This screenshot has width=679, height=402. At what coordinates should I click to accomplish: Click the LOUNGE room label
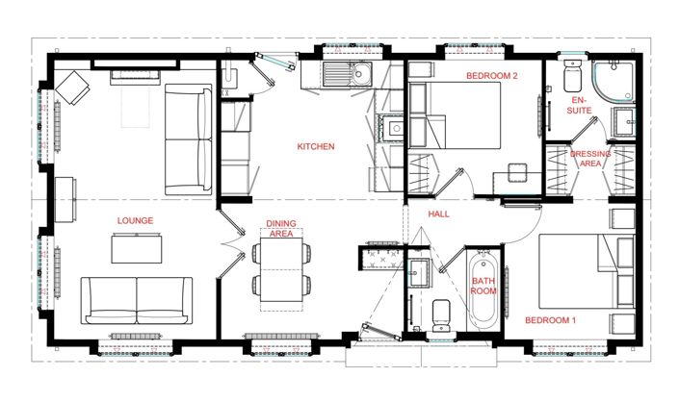coord(136,220)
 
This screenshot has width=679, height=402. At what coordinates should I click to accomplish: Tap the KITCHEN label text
coord(315,147)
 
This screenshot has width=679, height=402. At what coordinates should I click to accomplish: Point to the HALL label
coord(441,214)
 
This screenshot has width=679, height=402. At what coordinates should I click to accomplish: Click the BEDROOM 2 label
coord(492,75)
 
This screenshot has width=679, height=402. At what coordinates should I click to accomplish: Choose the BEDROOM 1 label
coord(550,319)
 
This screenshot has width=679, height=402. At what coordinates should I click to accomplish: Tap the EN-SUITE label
coord(579,105)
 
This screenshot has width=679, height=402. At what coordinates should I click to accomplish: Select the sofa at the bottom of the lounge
coord(136,299)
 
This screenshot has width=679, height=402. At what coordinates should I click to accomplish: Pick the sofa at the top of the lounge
coord(188,138)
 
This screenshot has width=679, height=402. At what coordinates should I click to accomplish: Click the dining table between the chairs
coord(280,268)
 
